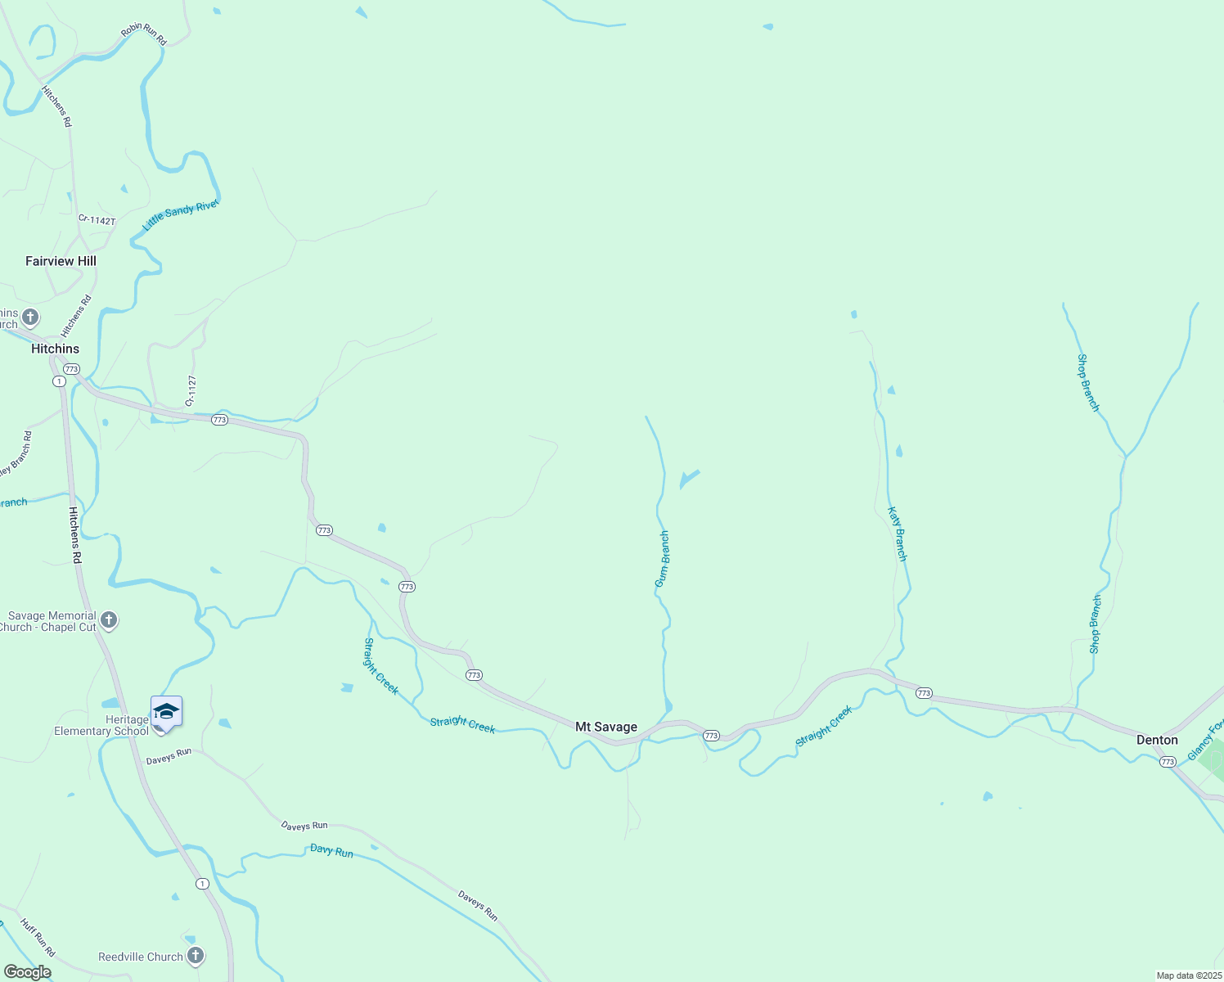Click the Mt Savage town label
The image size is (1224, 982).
(605, 727)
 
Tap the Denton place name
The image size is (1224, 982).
(1157, 740)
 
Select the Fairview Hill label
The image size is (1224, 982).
(61, 261)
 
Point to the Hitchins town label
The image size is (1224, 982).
(55, 349)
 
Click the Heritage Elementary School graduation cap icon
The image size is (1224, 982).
(166, 710)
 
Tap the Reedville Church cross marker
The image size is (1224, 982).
(196, 955)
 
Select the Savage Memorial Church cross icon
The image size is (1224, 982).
(109, 620)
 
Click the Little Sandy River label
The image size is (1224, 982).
(181, 215)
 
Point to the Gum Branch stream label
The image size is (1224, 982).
(662, 559)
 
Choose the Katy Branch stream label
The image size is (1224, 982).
(898, 534)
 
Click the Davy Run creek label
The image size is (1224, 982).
(331, 851)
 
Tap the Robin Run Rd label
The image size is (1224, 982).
(144, 34)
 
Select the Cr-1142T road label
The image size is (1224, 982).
(97, 220)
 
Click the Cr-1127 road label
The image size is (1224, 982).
(191, 391)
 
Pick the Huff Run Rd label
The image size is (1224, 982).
(38, 938)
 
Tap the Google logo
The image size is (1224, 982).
(28, 972)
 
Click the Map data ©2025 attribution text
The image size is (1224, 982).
(1186, 975)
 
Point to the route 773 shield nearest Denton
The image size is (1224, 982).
(1168, 762)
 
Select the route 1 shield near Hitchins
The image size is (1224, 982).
(59, 381)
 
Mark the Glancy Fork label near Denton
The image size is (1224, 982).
(1205, 740)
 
